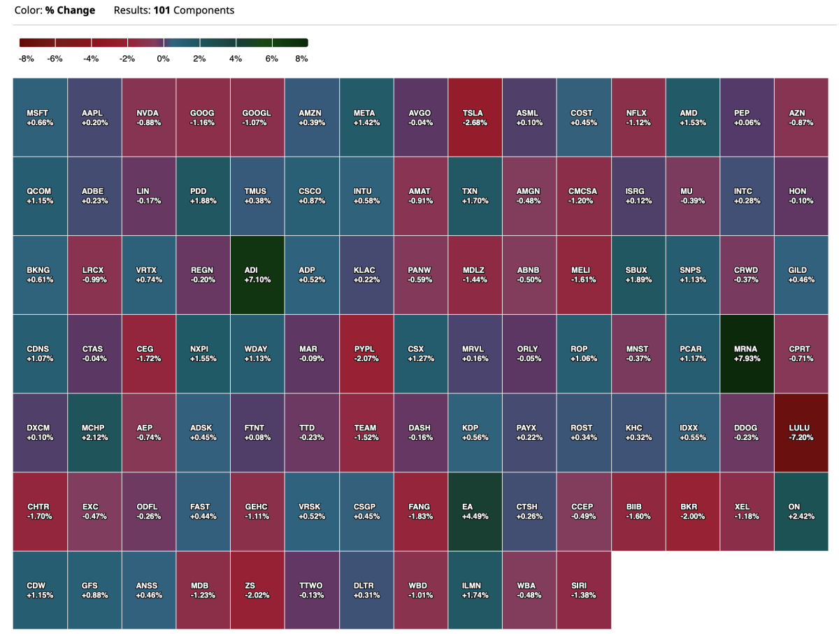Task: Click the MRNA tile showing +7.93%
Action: pyautogui.click(x=747, y=353)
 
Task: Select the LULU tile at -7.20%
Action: pyautogui.click(x=802, y=432)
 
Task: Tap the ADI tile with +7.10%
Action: pyautogui.click(x=257, y=274)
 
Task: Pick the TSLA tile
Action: pyautogui.click(x=475, y=117)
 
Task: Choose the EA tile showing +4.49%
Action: pyautogui.click(x=475, y=511)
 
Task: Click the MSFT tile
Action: pyautogui.click(x=40, y=117)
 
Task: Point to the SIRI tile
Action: pyautogui.click(x=584, y=590)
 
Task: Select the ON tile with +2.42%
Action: pyautogui.click(x=802, y=511)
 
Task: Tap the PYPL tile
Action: pyautogui.click(x=366, y=353)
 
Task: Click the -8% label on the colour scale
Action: pyautogui.click(x=27, y=59)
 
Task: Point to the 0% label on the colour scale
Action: pyautogui.click(x=164, y=59)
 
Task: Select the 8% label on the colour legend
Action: pyautogui.click(x=301, y=59)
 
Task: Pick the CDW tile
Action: pyautogui.click(x=40, y=590)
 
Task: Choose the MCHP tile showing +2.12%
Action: pyautogui.click(x=94, y=432)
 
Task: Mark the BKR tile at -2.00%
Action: pyautogui.click(x=693, y=511)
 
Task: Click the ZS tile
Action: pyautogui.click(x=257, y=590)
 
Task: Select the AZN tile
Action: pyautogui.click(x=802, y=117)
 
